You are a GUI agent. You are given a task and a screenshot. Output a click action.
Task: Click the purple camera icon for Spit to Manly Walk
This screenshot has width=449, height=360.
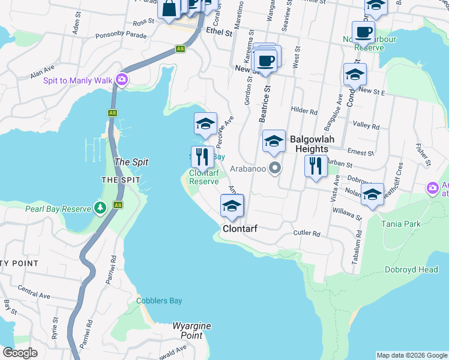[x=122, y=80]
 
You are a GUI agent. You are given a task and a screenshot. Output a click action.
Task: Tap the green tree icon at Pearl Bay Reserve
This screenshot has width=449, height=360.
[x=101, y=208]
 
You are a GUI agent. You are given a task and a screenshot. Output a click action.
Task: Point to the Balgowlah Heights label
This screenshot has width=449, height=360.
[x=309, y=144]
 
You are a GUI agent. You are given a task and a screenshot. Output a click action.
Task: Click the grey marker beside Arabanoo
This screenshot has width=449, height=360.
[x=275, y=168]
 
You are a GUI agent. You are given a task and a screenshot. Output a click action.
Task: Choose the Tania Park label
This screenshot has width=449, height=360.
[x=400, y=224]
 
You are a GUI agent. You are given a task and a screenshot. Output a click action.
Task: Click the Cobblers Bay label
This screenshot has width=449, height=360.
[x=158, y=301]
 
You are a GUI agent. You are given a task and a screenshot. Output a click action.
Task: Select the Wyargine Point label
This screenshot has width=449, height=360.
[x=191, y=331]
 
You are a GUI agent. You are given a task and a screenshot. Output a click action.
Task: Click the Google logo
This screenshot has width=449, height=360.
[x=20, y=352]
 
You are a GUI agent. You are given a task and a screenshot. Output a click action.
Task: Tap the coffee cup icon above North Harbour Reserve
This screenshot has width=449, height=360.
[x=363, y=31]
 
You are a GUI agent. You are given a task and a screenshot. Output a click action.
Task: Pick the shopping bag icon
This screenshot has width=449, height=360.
[x=169, y=8]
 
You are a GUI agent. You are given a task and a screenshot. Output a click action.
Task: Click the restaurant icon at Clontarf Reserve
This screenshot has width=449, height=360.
[x=202, y=157]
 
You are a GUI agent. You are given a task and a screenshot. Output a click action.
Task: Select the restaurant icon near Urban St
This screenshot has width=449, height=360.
[x=316, y=165]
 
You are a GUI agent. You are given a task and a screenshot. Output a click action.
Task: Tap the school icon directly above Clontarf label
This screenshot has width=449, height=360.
[x=232, y=206]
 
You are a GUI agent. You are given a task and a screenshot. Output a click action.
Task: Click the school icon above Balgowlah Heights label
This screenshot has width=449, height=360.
[x=274, y=141]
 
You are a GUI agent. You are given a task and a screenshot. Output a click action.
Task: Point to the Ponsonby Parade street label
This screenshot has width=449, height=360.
[x=121, y=35]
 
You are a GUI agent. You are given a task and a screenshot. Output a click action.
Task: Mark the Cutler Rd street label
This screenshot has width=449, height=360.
[x=307, y=233]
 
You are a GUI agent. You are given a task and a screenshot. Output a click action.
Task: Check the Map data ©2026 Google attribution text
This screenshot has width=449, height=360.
[x=411, y=355]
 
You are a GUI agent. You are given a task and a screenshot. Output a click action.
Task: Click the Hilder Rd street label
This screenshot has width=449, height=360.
[x=304, y=111]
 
